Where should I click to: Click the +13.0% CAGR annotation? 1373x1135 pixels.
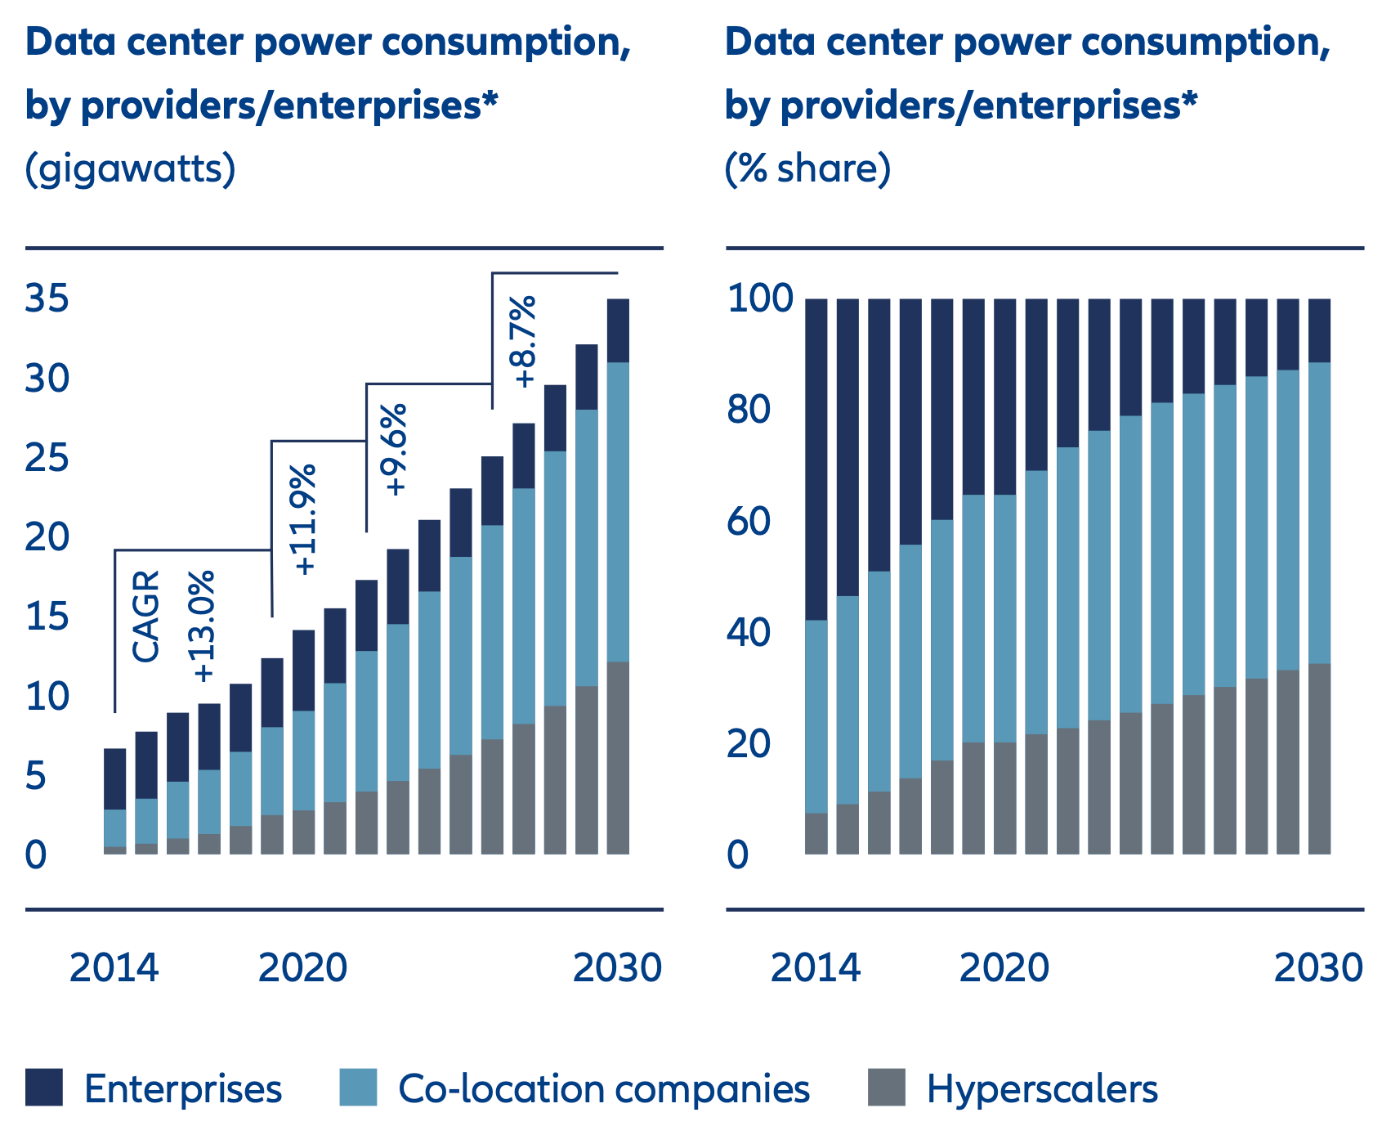point(204,626)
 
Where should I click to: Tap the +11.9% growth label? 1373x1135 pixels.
point(305,519)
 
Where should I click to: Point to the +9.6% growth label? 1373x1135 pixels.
point(396,449)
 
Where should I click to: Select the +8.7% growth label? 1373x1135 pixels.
point(524,341)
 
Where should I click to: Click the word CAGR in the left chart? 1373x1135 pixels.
point(146,617)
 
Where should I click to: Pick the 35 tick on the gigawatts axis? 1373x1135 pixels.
point(47,299)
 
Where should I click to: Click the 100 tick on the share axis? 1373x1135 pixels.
point(760,299)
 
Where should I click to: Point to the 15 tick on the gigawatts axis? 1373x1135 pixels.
point(47,617)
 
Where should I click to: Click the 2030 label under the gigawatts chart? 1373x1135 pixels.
point(617,968)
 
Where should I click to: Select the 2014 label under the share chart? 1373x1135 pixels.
point(816,968)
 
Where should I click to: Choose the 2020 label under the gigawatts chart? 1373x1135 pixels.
point(303,968)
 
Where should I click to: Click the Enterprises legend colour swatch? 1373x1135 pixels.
point(44,1088)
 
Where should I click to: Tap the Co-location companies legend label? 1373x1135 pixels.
point(604,1089)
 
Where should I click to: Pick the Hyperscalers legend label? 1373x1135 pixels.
point(1042,1089)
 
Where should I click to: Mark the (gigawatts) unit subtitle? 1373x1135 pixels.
point(131,169)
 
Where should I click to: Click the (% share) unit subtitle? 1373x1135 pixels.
point(807,169)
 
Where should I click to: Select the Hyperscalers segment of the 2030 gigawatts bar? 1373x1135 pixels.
point(618,758)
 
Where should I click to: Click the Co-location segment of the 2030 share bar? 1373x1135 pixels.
point(1320,513)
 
